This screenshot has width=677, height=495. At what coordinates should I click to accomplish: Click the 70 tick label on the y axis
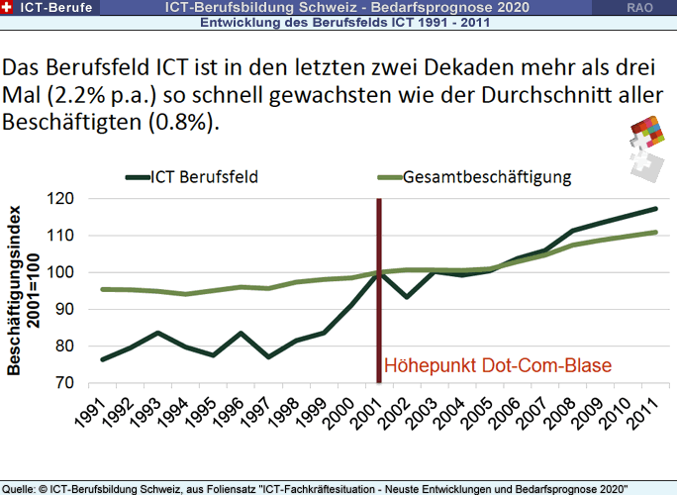64,382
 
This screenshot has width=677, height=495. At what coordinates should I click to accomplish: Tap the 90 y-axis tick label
64,309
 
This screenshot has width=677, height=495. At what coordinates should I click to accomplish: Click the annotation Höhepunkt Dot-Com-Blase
498,365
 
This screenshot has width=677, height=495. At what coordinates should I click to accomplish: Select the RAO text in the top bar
638,7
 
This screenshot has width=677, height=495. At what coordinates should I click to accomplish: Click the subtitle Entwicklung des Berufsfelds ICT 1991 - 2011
337,22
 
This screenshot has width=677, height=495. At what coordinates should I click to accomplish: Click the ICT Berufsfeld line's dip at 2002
407,297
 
